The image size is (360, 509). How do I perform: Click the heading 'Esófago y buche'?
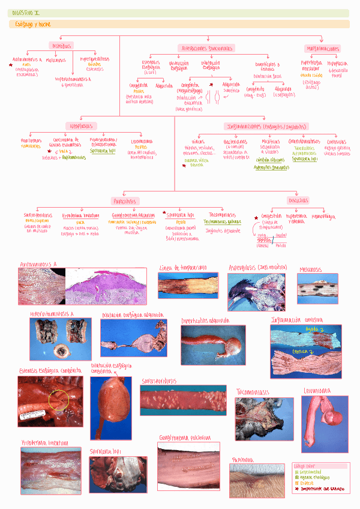[32, 25]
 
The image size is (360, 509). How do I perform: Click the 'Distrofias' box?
[62, 46]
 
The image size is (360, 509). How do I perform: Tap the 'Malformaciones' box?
[323, 49]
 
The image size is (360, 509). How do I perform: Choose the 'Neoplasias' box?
[82, 126]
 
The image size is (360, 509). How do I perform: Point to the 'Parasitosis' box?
[125, 201]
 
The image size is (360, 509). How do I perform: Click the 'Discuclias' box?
[298, 200]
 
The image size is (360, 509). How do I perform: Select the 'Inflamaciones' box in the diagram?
[266, 127]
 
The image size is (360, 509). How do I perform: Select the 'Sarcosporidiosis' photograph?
[183, 400]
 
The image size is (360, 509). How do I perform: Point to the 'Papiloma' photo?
[257, 480]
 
